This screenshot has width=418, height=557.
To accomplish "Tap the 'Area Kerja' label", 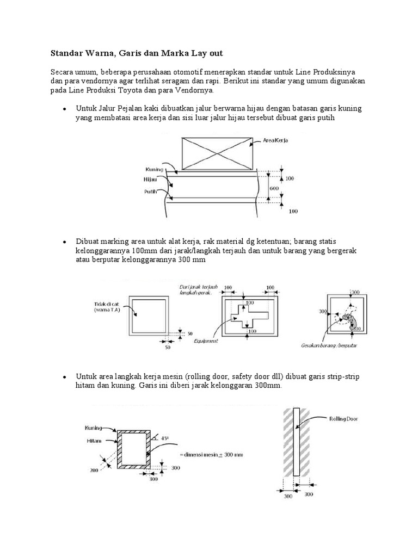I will point(275,140).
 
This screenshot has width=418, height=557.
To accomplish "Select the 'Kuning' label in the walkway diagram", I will point(155,169).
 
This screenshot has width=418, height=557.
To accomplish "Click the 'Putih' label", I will point(151,191).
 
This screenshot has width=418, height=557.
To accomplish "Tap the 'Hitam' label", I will point(92,441).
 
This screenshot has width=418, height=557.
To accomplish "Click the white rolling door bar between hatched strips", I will point(296,442).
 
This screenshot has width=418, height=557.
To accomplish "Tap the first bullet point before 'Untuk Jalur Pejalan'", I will point(64,109).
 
